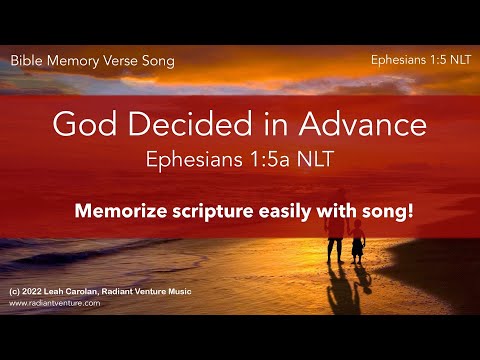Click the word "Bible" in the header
point(27,61)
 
